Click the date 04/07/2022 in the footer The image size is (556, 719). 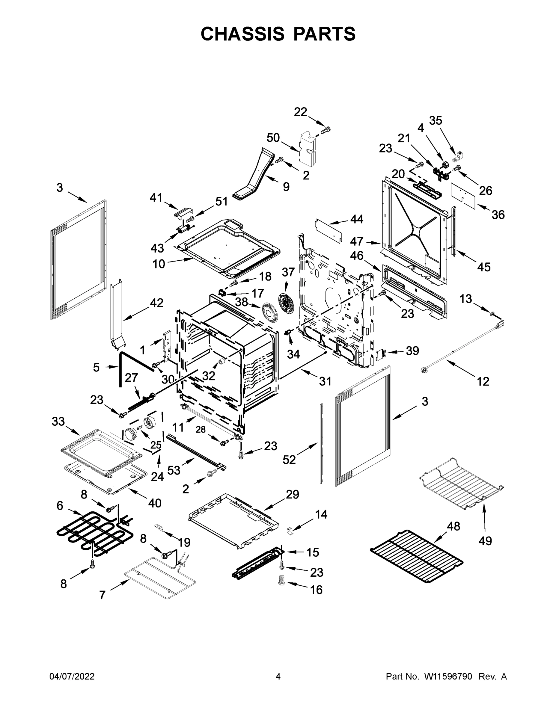coord(72,676)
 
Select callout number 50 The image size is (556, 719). coord(273,138)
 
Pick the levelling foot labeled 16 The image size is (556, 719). coord(282,589)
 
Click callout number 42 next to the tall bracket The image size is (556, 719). coord(156,303)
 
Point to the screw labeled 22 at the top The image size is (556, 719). coord(326,131)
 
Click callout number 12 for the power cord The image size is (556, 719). coord(483,382)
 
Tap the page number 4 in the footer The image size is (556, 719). coord(278,676)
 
